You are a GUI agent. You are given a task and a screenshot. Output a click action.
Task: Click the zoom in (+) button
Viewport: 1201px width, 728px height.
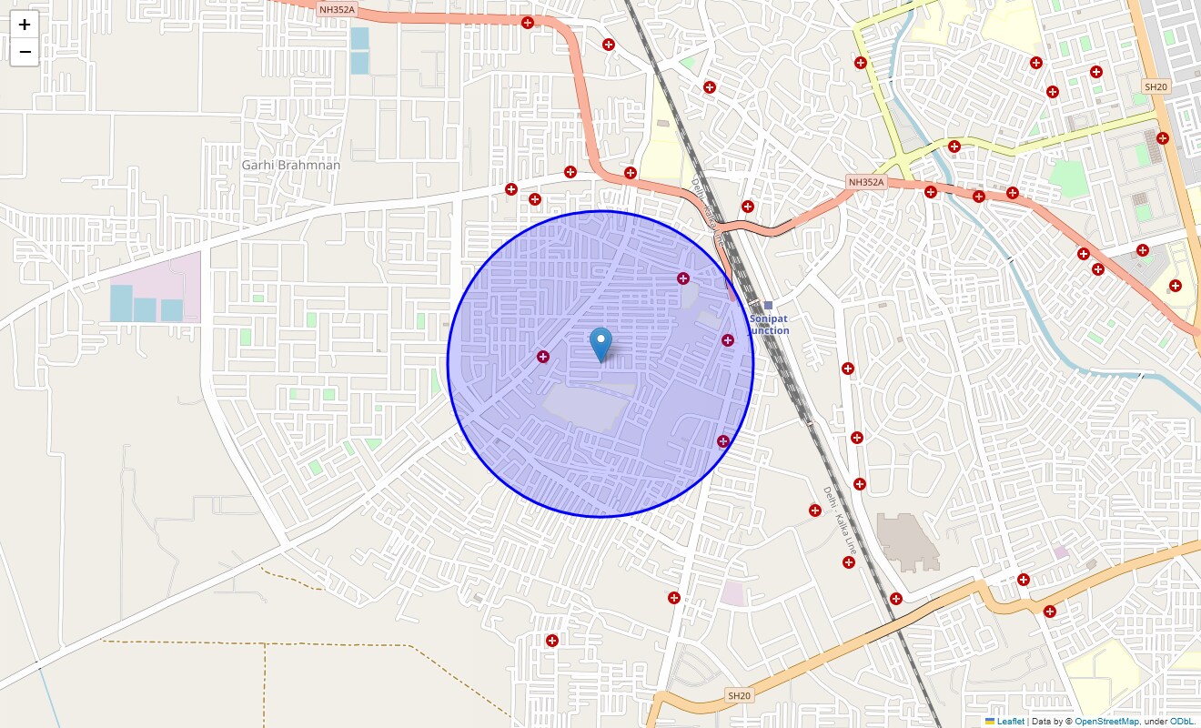[x=25, y=25]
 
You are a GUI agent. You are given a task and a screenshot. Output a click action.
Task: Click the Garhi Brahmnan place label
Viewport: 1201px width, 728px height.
[x=291, y=165]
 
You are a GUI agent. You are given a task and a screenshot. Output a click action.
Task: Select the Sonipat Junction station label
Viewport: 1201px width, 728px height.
[x=770, y=325]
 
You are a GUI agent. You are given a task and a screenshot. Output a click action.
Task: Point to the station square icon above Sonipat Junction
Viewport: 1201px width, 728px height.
[x=768, y=306]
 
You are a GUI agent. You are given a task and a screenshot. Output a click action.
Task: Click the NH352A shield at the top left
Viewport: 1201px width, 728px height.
[x=337, y=9]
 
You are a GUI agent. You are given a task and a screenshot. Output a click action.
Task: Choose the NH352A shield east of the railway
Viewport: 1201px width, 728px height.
[x=866, y=182]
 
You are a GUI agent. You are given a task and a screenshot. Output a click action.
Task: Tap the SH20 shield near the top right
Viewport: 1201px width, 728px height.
[x=1156, y=86]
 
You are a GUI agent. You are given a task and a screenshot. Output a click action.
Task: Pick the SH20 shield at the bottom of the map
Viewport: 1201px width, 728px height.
[x=739, y=695]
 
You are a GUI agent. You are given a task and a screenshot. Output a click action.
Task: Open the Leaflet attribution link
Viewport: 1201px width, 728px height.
[x=1010, y=722]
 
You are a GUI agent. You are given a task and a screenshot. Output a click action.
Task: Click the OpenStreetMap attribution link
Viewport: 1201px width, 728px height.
[x=1106, y=722]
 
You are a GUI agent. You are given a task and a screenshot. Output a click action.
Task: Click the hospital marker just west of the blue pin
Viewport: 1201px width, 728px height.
[x=543, y=357]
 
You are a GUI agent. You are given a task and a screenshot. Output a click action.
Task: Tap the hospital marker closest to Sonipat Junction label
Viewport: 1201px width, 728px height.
[x=728, y=340]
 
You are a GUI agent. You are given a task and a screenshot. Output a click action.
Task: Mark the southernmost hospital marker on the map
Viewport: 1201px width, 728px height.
[x=552, y=641]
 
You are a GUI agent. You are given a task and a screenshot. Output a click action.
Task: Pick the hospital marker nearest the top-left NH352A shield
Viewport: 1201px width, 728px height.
[x=528, y=23]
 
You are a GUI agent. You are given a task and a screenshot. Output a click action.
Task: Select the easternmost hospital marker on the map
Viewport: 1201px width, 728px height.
[x=1176, y=286]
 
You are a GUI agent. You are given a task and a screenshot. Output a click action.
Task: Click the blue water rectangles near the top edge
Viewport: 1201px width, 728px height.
[x=360, y=50]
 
